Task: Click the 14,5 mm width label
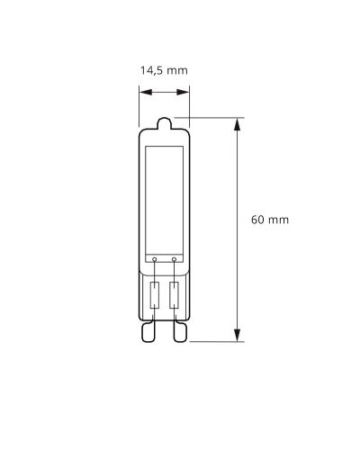[164, 68]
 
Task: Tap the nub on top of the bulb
[164, 123]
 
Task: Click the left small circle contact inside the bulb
[155, 259]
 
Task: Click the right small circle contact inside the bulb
[173, 259]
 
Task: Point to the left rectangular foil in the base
[155, 293]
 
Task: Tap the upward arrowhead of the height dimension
[238, 124]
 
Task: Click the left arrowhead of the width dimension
[142, 89]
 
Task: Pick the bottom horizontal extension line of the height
[216, 342]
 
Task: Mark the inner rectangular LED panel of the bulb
[164, 193]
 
